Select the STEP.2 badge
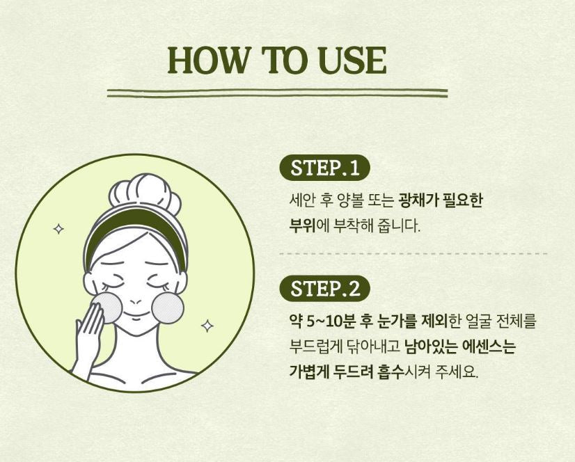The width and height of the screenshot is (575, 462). click(324, 288)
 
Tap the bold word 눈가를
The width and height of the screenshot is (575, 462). click(396, 321)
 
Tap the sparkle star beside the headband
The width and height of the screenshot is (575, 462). click(58, 229)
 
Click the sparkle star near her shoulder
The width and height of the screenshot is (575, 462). click(207, 326)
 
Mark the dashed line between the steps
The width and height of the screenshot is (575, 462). click(413, 254)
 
